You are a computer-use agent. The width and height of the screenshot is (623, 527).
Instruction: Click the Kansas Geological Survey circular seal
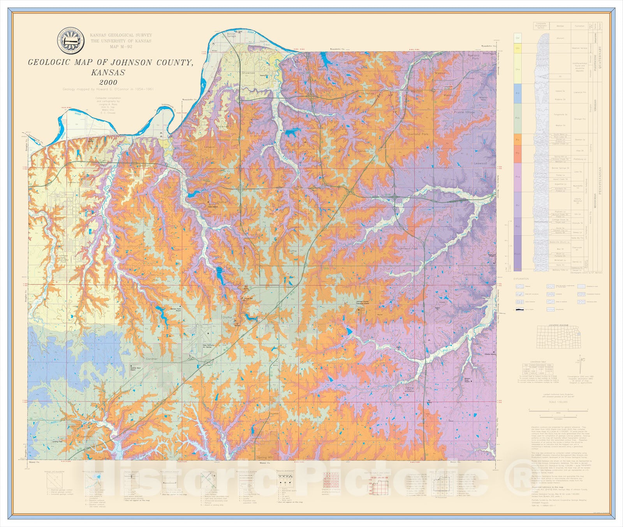[x=70, y=41]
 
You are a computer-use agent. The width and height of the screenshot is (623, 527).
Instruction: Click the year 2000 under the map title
[x=108, y=82]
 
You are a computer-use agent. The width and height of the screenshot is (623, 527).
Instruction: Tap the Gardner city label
[x=151, y=359]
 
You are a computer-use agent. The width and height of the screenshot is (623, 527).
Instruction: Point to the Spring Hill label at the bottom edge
[x=265, y=457]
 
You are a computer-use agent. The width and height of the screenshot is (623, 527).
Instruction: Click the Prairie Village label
[x=464, y=112]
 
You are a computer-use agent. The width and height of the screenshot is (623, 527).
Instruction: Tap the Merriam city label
[x=417, y=92]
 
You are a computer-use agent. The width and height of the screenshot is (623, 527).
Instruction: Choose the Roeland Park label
[x=473, y=57]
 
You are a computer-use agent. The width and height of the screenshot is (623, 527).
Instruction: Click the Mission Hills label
[x=483, y=99]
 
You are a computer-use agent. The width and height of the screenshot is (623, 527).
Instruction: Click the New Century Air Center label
[x=208, y=346]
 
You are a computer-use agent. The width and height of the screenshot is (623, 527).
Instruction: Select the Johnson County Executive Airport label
[x=363, y=302]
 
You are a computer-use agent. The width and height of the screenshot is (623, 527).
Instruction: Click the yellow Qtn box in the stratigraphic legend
[x=517, y=48]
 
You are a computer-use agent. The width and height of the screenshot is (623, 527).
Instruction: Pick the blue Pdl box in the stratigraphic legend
[x=517, y=93]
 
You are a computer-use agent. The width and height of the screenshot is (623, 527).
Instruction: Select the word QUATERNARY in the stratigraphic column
[x=600, y=55]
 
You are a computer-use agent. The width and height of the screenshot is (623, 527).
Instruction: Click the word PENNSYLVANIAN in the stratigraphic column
[x=600, y=181]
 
